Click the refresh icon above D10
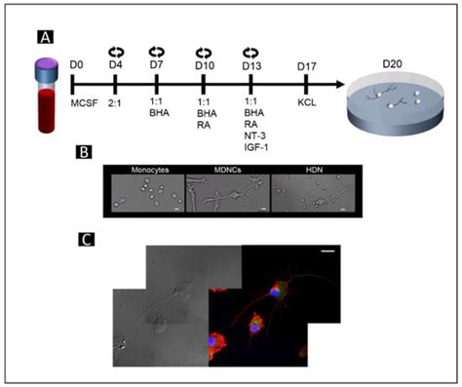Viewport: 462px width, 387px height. [x=205, y=49]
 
